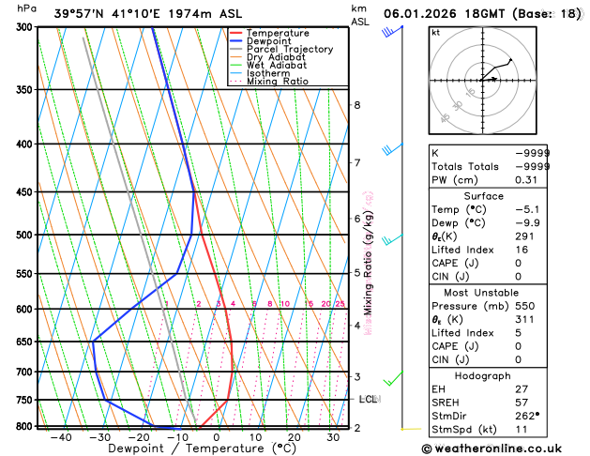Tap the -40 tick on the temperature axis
pos(62,436)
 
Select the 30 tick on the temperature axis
pos(333,436)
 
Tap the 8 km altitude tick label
pos(356,104)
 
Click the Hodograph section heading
pos(482,375)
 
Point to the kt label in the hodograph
pos(435,32)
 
